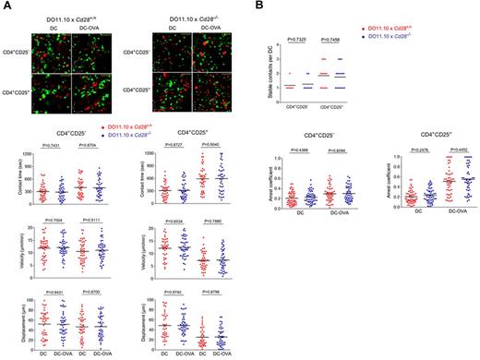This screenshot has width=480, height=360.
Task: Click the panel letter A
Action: tap(6, 6)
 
